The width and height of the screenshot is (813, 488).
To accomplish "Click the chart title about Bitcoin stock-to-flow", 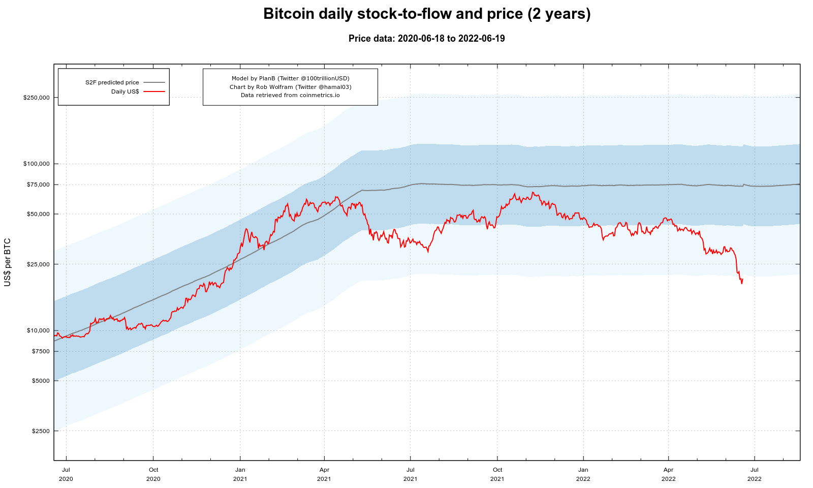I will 427,14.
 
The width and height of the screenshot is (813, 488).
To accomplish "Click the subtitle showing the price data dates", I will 427,39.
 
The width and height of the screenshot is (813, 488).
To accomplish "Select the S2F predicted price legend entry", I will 112,82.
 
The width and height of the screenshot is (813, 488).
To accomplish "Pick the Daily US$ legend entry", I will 125,91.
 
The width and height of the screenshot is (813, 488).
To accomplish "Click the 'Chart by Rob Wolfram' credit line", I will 290,87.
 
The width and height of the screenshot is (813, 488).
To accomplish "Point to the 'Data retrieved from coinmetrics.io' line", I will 290,95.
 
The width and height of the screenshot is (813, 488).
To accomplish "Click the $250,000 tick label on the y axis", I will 37,98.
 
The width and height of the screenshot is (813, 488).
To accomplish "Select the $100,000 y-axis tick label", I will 37,164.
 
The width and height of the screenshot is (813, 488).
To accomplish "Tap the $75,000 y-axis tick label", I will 38,185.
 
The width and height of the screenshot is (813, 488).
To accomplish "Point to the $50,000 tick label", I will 38,214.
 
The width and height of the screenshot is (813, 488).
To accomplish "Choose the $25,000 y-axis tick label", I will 38,264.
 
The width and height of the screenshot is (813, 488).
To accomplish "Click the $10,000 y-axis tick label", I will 38,330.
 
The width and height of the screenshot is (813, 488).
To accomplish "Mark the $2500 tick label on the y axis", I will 40,431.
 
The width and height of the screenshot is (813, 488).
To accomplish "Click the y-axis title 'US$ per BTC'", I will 8,262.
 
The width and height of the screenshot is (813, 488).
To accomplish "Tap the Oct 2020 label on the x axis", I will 153,474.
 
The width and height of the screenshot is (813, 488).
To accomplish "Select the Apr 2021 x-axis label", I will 324,474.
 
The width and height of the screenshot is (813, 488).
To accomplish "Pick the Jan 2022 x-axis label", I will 583,474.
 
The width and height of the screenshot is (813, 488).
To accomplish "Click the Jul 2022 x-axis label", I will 755,474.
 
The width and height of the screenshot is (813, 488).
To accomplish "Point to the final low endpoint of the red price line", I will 742,283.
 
